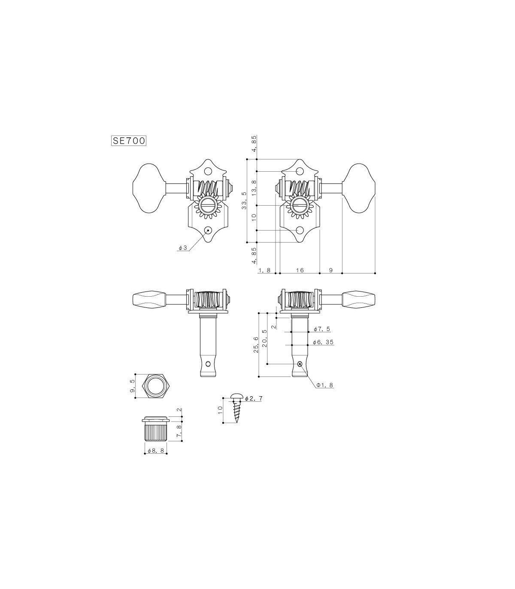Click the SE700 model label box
click(129, 141)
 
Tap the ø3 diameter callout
click(183, 248)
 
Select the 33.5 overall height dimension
click(244, 200)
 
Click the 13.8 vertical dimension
click(254, 188)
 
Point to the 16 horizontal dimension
click(300, 270)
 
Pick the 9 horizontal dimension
click(331, 270)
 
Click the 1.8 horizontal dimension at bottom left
click(265, 270)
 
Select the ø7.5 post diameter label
click(321, 329)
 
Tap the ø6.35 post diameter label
click(324, 342)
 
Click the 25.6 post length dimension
click(256, 344)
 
